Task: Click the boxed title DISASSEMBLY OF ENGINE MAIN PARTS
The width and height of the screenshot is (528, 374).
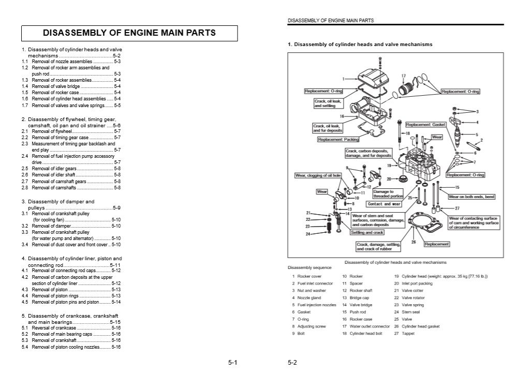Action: (x=129, y=33)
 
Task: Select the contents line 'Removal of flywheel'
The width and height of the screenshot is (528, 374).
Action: (x=52, y=131)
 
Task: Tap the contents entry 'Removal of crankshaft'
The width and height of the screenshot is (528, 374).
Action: (x=54, y=340)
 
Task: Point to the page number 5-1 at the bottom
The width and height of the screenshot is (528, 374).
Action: (x=232, y=363)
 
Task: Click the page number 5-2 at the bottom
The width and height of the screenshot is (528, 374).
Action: (x=292, y=363)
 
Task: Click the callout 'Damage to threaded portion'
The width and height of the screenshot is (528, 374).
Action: (x=388, y=193)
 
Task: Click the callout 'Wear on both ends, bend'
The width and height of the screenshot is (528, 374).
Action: (x=472, y=197)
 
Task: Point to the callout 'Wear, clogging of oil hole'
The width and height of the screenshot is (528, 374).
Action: (x=318, y=175)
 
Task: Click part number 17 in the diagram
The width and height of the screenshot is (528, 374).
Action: (x=403, y=76)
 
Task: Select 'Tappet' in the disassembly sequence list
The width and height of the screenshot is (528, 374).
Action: (x=408, y=334)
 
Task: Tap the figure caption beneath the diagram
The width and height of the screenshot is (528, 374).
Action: (x=395, y=262)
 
